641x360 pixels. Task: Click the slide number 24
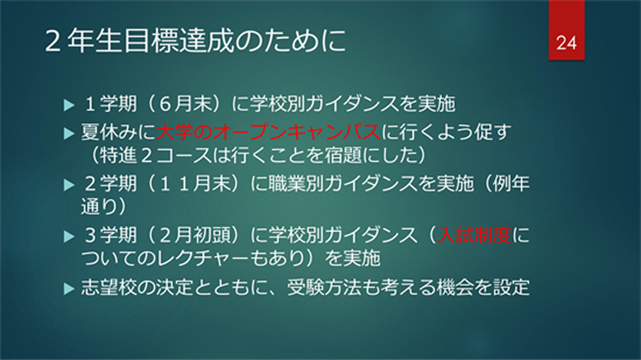[x=566, y=42]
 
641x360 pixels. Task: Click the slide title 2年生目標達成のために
[x=195, y=41]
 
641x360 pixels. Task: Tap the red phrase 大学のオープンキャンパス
[x=268, y=132]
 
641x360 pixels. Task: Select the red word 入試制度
[x=474, y=235]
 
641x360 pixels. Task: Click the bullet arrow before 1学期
[x=69, y=105]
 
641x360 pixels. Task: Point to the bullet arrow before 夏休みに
[x=69, y=133]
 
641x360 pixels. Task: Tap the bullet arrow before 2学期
[x=69, y=185]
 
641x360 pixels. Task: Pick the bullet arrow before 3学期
[x=69, y=236]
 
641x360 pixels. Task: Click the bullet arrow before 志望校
[x=69, y=288]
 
